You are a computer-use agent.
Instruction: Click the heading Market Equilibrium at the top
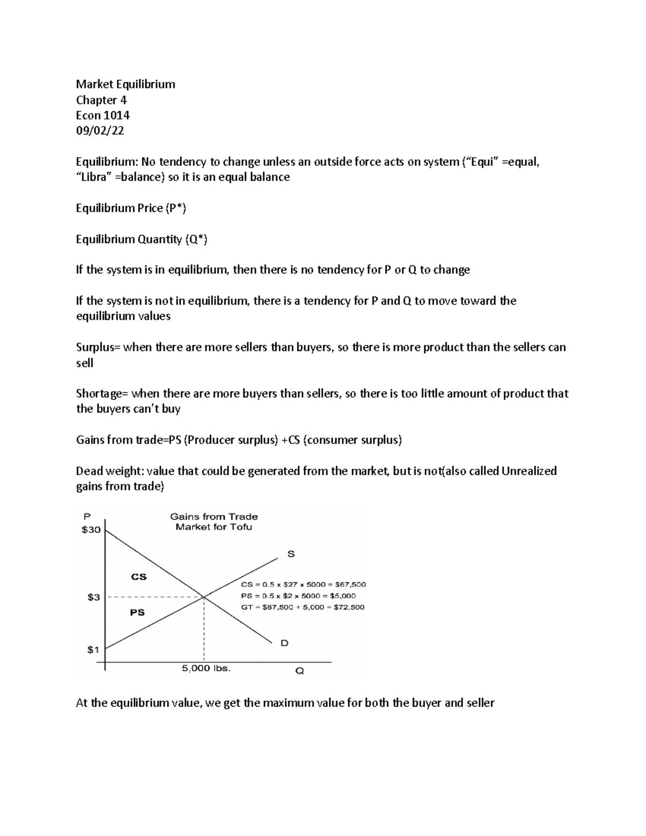(x=125, y=84)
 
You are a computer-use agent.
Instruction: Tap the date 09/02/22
(x=100, y=131)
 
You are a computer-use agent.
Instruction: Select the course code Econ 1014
(x=103, y=115)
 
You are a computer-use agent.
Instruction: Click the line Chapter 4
(x=101, y=100)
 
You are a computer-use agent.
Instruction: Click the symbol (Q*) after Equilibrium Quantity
(x=196, y=240)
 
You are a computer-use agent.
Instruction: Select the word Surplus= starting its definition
(x=99, y=347)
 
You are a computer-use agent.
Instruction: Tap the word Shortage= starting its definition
(x=102, y=394)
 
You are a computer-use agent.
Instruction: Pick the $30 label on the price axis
(x=91, y=530)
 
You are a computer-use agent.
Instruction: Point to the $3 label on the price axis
(x=94, y=597)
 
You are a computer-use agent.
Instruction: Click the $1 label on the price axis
(x=93, y=649)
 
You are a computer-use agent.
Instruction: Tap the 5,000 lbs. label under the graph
(x=206, y=668)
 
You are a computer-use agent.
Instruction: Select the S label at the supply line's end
(x=291, y=554)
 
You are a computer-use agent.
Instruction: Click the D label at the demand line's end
(x=285, y=643)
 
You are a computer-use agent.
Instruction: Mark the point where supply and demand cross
(x=204, y=596)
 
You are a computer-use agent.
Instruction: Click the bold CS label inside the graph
(x=139, y=577)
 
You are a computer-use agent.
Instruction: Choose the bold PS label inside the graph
(x=137, y=612)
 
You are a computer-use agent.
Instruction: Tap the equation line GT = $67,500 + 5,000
(x=303, y=607)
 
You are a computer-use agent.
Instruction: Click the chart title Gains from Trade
(x=214, y=516)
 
